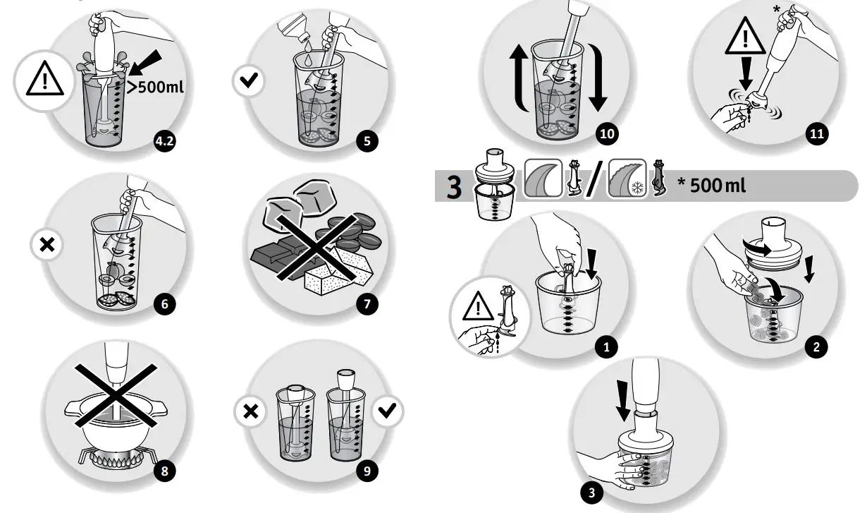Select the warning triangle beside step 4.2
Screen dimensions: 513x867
point(44,83)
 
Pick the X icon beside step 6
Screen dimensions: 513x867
point(47,245)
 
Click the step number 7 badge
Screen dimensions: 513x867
point(367,304)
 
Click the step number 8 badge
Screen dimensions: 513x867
point(165,472)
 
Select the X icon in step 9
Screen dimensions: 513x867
point(250,411)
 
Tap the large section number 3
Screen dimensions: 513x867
point(455,187)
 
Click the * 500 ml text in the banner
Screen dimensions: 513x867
point(711,186)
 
